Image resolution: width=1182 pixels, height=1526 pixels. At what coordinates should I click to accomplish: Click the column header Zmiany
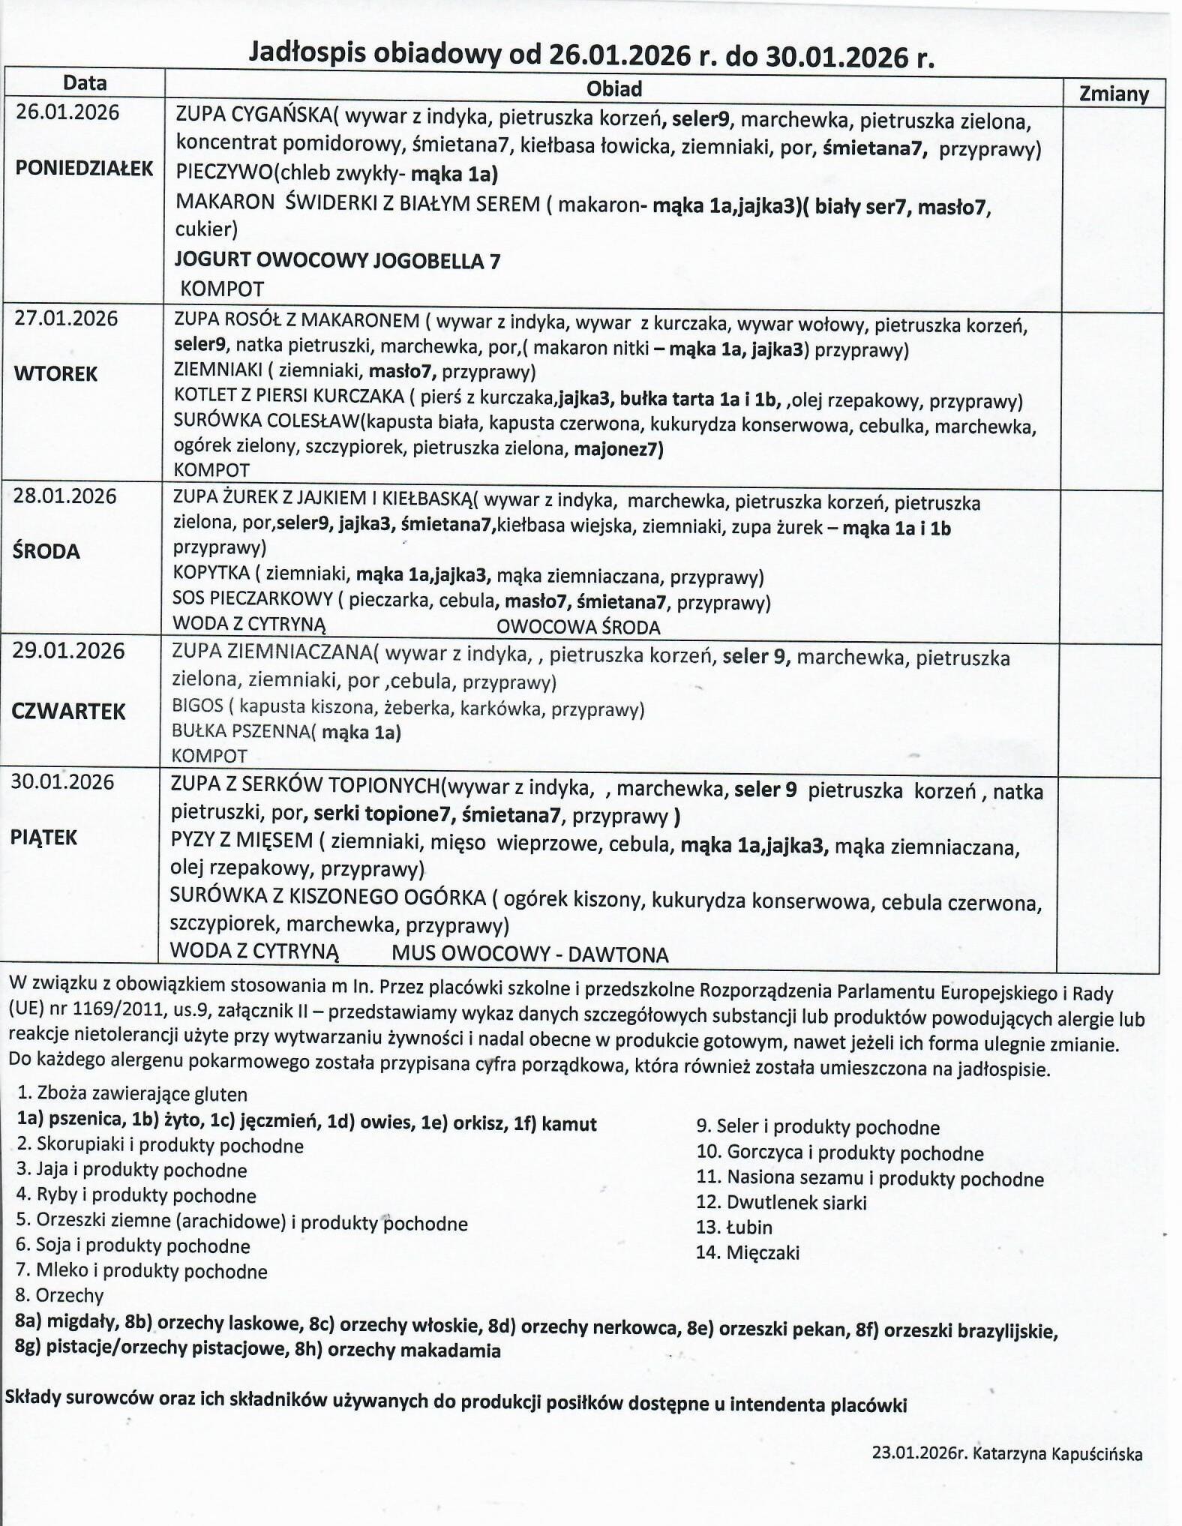coord(1113,94)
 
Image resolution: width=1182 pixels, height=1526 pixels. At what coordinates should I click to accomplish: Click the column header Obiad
coord(613,89)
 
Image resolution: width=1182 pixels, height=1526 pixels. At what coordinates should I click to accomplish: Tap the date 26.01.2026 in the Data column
coord(67,112)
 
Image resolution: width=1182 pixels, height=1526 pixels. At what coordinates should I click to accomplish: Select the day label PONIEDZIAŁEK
coord(84,168)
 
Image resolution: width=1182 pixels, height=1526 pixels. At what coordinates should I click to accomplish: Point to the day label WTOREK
coord(55,373)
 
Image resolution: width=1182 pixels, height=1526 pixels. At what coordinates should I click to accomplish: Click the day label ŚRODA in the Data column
coord(46,551)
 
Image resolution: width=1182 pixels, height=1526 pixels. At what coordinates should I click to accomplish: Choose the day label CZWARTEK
coord(68,712)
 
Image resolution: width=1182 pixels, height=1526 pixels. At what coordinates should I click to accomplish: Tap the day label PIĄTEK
coord(43,838)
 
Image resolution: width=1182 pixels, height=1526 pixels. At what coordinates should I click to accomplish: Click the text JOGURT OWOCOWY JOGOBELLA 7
coord(337,261)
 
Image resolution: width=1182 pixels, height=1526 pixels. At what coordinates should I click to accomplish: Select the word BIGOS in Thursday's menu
coord(197,706)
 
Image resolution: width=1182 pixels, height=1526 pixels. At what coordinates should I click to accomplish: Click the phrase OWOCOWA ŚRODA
coord(578,627)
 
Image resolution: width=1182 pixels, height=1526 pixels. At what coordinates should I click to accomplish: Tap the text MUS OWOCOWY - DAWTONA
coord(529,955)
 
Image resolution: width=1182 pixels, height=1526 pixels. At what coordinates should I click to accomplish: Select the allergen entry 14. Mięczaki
coord(747,1252)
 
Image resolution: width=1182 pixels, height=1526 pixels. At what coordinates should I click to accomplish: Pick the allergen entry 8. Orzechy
coord(59,1295)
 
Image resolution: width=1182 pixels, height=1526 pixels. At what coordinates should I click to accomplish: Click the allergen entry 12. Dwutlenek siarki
coord(781,1203)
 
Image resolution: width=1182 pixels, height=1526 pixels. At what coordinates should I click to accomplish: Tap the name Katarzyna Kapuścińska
coord(1057,1454)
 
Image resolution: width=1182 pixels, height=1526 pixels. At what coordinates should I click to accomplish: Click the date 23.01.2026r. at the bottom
coord(916,1453)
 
